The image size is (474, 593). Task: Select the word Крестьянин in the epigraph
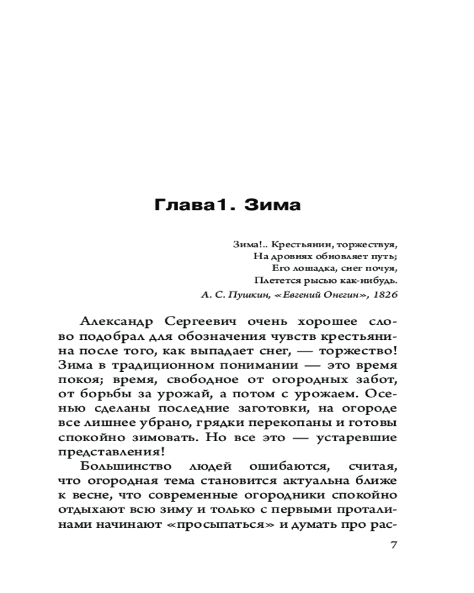(294, 244)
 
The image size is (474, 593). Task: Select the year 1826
(385, 294)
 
